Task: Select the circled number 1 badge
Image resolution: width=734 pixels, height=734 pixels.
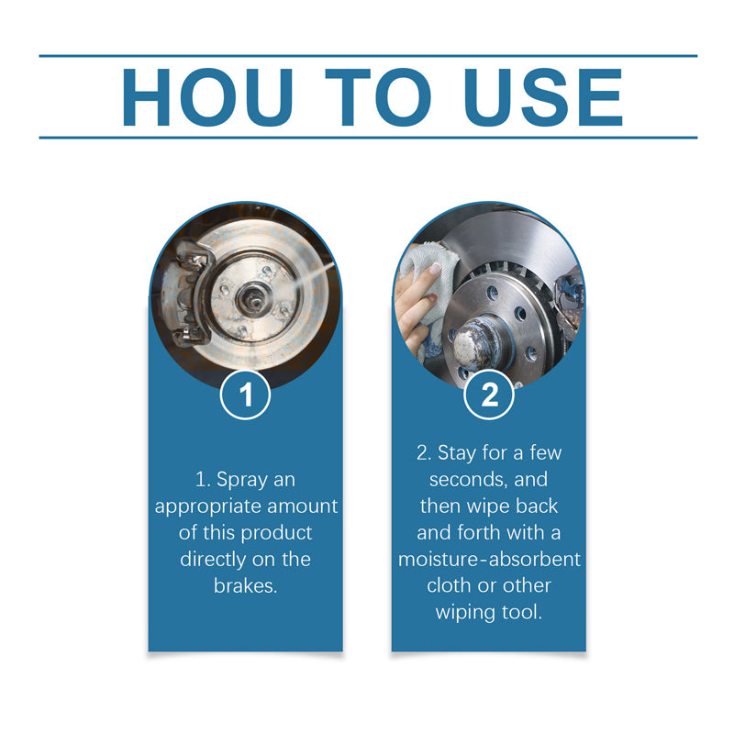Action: point(245,395)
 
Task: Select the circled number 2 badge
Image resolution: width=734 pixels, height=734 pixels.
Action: point(489,395)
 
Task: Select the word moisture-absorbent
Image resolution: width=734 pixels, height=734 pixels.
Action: point(489,559)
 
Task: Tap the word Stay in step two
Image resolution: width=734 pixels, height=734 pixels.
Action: point(456,453)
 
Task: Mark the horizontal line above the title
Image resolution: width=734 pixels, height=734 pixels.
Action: point(367,56)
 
